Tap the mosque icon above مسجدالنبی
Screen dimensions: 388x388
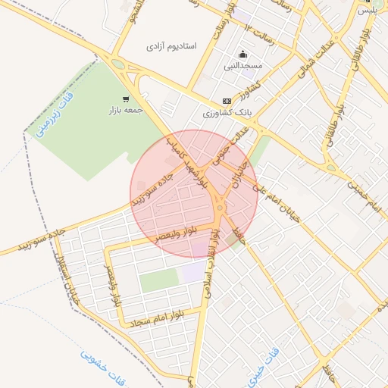tap(242, 54)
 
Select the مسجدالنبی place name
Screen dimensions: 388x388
tap(242, 66)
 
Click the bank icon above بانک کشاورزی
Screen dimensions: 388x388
tap(227, 101)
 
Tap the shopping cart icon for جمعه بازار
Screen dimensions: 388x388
tap(125, 99)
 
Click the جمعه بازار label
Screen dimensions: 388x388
tap(125, 111)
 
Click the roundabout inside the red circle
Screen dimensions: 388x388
tap(220, 207)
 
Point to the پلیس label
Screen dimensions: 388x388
tap(366, 10)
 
